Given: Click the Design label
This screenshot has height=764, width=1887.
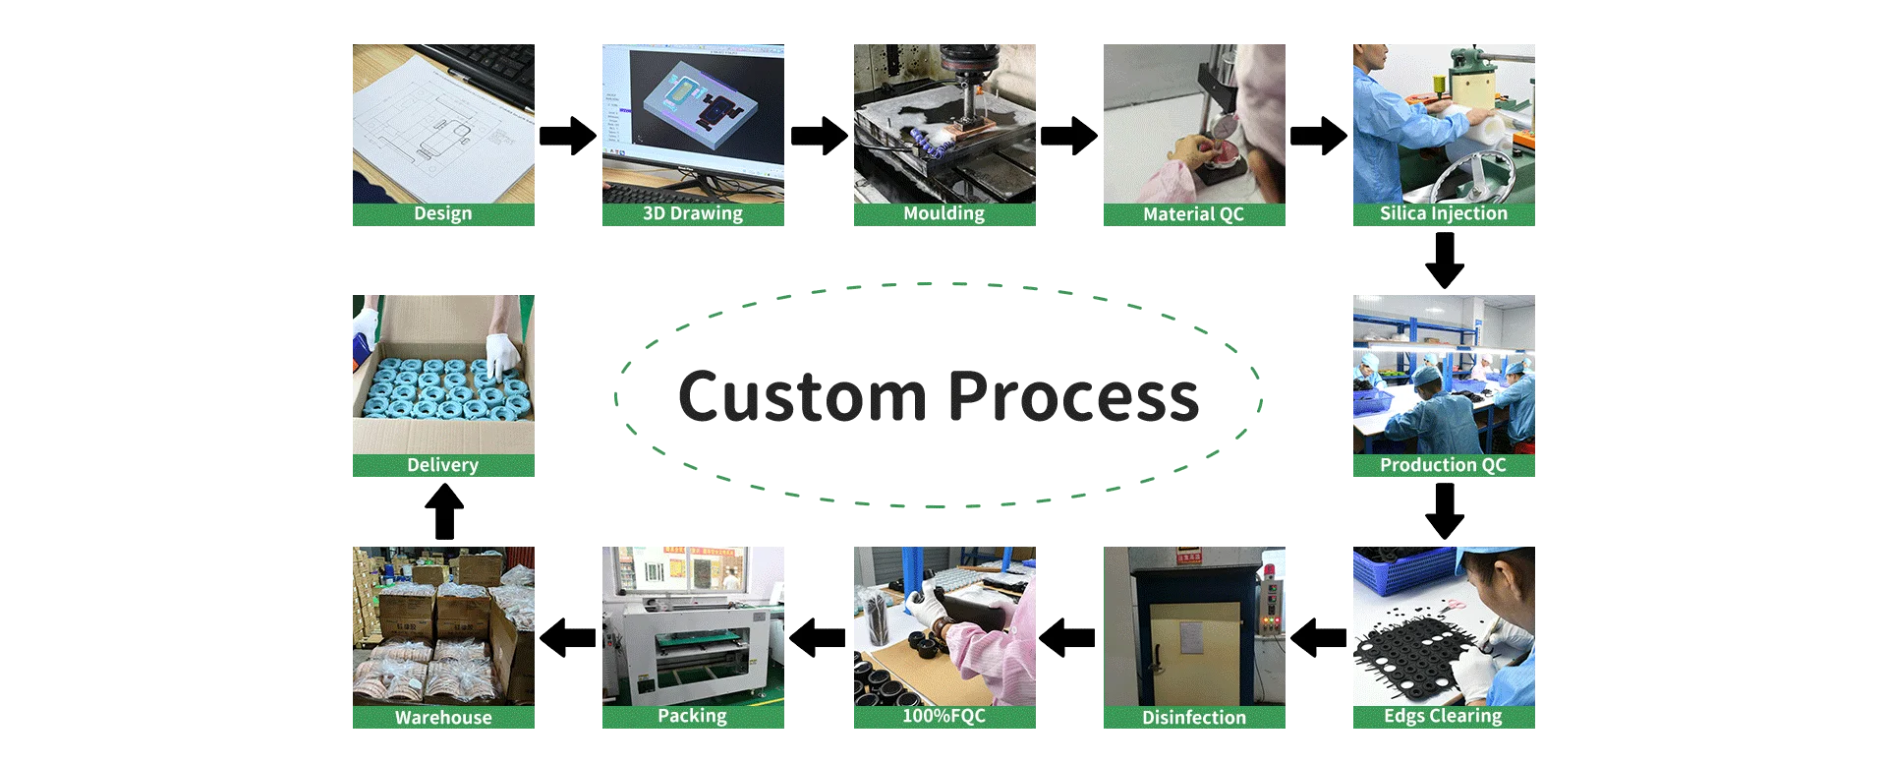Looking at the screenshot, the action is click(x=442, y=214).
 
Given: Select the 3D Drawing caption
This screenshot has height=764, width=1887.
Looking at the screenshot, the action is click(x=692, y=214).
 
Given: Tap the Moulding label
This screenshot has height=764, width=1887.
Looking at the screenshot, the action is click(x=943, y=214).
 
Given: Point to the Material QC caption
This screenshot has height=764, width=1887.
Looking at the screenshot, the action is click(x=1193, y=214).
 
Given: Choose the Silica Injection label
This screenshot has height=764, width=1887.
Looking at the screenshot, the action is click(x=1443, y=214).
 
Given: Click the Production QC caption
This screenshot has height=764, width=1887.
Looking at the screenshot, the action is click(x=1443, y=465).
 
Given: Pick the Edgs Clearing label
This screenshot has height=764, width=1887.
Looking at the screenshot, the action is click(x=1443, y=717).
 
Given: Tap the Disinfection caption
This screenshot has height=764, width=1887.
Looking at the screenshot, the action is click(x=1193, y=718).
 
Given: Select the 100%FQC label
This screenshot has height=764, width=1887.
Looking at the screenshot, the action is click(x=943, y=717).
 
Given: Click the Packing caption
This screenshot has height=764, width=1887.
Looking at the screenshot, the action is click(x=692, y=717).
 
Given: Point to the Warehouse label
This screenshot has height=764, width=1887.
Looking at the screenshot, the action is click(x=442, y=718).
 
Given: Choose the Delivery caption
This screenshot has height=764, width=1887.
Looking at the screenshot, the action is click(x=442, y=465).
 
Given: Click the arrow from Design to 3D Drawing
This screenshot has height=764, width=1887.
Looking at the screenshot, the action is click(x=566, y=136).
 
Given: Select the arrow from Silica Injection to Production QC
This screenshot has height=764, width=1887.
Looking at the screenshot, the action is click(x=1446, y=260).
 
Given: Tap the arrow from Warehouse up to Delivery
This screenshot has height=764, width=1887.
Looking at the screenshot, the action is click(x=443, y=512).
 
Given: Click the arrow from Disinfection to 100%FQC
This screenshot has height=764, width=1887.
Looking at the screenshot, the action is click(x=1069, y=638).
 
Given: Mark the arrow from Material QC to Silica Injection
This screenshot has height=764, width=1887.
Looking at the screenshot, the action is click(x=1320, y=136).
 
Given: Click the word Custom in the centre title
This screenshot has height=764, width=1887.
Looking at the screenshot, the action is click(x=801, y=397).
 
